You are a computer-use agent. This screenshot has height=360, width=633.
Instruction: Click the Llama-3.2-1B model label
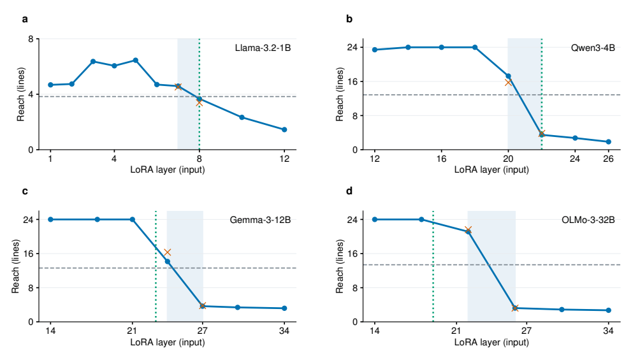coord(263,48)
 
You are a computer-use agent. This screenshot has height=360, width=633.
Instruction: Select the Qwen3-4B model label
coord(593,48)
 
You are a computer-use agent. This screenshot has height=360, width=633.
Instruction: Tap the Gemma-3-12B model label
coord(260,220)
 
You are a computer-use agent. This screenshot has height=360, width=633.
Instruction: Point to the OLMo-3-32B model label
coord(588,220)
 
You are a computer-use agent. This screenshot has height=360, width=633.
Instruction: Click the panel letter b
coord(349,19)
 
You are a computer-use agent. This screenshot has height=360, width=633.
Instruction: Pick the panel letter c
coord(25,191)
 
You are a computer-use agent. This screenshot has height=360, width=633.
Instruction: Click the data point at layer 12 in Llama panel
coord(284,129)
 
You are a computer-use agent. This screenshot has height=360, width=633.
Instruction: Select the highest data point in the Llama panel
coord(136,61)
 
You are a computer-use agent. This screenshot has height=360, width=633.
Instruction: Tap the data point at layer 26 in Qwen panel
coord(608,141)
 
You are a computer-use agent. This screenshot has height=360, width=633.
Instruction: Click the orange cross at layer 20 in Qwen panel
coord(508,82)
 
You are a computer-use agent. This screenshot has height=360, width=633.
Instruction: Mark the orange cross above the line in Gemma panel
coord(167,252)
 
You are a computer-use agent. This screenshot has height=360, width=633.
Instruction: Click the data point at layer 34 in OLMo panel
coord(608,310)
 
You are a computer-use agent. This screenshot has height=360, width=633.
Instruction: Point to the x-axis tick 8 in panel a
coord(199,159)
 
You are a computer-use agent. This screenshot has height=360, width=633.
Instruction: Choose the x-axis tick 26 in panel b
coord(608,159)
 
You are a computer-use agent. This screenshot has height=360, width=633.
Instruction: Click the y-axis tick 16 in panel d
coord(352,254)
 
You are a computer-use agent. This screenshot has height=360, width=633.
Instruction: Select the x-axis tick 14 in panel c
coord(50,331)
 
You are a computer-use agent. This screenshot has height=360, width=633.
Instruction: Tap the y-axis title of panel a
coord(20,94)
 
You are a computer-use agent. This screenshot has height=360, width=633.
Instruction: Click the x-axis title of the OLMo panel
coord(491,342)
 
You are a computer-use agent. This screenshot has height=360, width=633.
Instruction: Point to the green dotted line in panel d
coord(433,266)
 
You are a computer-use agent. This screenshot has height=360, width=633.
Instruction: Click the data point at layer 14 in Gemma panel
coord(50,220)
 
